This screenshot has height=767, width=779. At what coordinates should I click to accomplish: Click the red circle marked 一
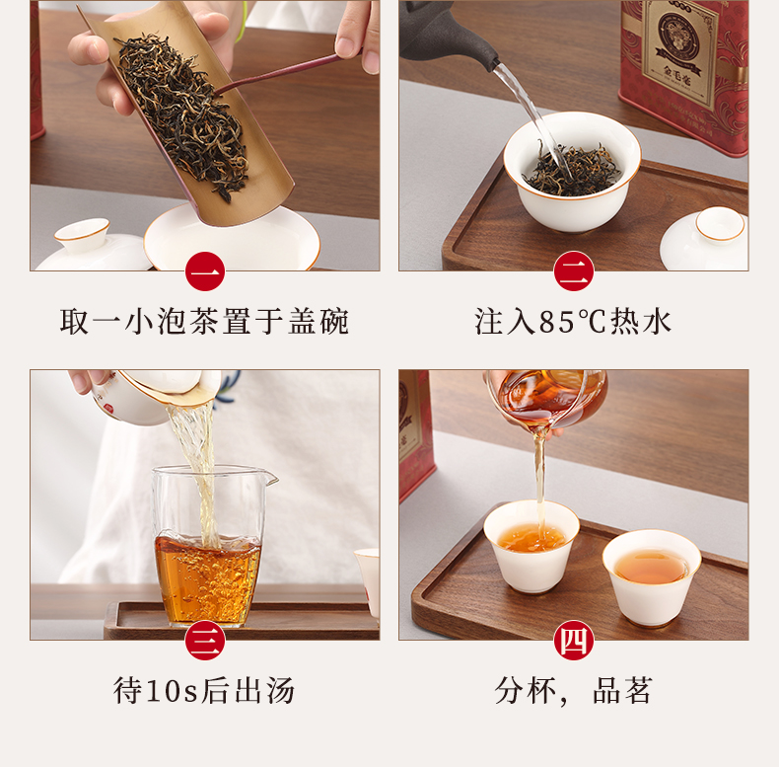point(205,271)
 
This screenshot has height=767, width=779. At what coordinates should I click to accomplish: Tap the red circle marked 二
point(574,271)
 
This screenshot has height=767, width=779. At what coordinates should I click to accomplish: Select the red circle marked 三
point(205,641)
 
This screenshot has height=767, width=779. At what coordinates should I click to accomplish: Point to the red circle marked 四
point(574,641)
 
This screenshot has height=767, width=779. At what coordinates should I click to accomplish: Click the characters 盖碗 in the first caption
point(319,322)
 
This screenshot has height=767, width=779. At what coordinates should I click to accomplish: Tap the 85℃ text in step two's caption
point(572,322)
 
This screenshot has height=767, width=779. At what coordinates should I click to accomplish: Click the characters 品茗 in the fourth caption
point(622,691)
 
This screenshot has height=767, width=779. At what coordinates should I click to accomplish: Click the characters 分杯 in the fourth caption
point(525,691)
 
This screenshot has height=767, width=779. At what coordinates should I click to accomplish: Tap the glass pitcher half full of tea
point(210,546)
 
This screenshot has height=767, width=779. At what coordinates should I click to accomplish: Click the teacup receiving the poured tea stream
point(531,547)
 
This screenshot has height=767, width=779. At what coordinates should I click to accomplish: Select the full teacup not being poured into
point(652,577)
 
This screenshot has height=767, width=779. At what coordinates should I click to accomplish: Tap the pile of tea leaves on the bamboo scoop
point(183,115)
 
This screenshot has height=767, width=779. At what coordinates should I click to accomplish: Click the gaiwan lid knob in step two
point(720,225)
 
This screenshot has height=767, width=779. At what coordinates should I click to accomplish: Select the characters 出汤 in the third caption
point(265,691)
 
